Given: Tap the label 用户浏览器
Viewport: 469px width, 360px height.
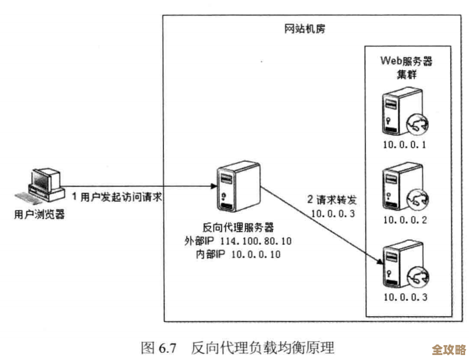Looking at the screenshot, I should click(x=39, y=214).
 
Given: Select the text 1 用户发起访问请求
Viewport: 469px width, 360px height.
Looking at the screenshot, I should click(x=117, y=196).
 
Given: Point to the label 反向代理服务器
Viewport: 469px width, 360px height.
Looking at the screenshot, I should click(x=238, y=228).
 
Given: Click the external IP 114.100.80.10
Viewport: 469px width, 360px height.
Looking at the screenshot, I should click(x=256, y=241).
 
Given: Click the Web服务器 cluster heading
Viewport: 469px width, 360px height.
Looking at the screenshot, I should click(x=406, y=67).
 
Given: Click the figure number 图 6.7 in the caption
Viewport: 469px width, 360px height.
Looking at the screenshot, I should click(x=158, y=348).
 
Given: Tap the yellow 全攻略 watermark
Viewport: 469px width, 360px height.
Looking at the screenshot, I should click(x=449, y=350).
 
